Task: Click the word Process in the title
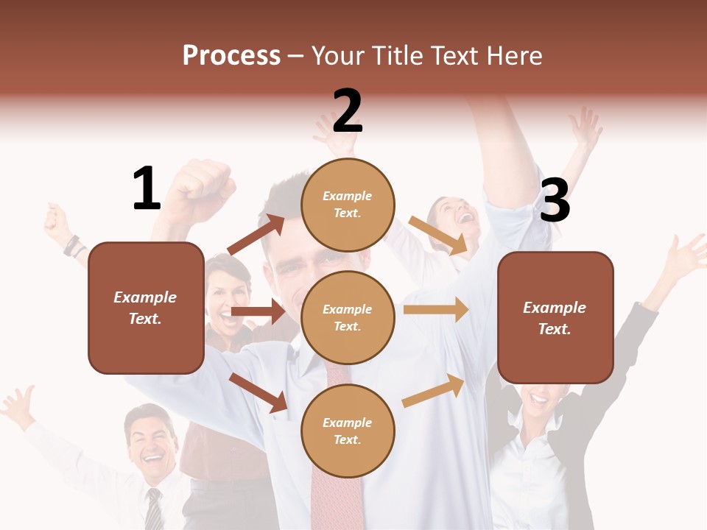tap(231, 55)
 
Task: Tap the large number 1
tap(147, 188)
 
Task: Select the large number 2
tap(348, 111)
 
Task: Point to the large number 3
tap(555, 201)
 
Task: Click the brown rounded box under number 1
tap(146, 308)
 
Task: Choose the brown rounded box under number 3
tap(555, 317)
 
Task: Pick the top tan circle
tap(348, 205)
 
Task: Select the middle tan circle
tap(348, 317)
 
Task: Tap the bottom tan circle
tap(348, 431)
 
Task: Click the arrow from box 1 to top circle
tap(256, 235)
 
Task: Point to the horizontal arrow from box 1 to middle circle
tap(258, 311)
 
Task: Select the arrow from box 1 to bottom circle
tap(258, 392)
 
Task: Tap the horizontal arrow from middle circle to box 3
tap(436, 309)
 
